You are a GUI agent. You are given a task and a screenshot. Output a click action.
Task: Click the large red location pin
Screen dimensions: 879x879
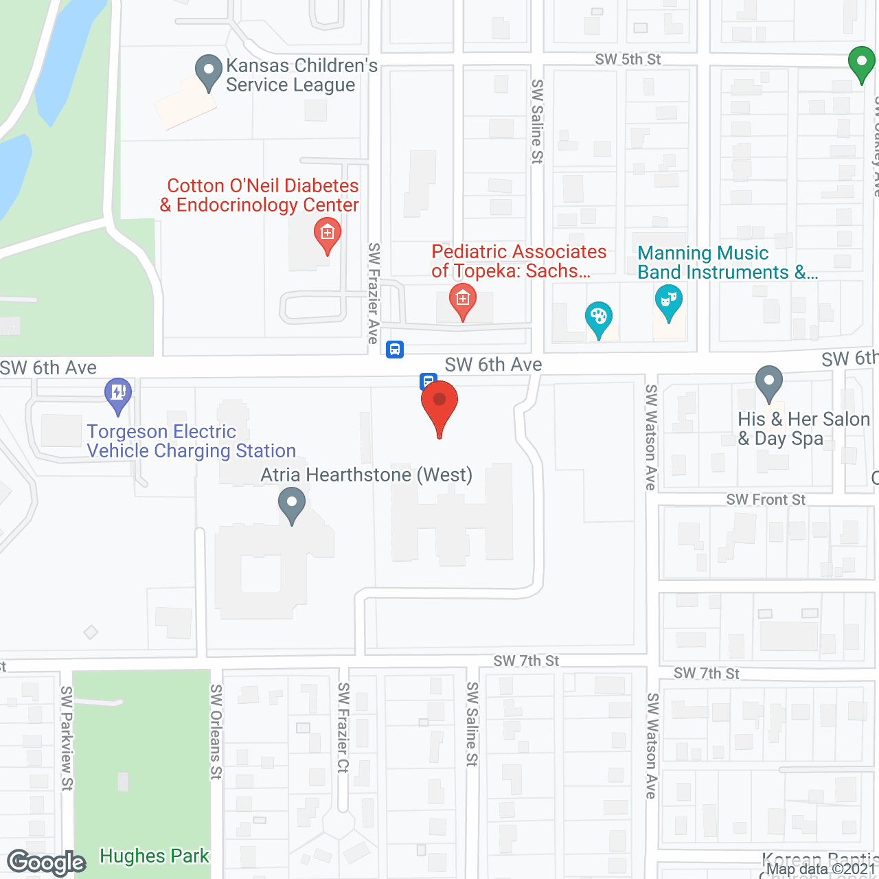point(439,405)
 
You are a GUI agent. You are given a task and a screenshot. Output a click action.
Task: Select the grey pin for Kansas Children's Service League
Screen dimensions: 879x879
point(209,71)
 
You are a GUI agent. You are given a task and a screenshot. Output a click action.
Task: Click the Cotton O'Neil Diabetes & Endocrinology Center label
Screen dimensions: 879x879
point(260,196)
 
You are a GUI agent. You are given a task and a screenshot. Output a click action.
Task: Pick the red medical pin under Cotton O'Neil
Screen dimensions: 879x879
point(328,235)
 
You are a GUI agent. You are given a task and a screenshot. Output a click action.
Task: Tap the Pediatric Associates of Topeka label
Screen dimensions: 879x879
point(518,262)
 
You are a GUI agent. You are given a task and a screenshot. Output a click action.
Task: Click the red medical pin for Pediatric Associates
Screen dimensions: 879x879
point(463,301)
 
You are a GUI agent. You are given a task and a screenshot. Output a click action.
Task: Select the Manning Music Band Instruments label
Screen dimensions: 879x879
point(727,263)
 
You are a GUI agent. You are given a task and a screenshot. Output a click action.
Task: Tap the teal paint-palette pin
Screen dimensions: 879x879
point(599,319)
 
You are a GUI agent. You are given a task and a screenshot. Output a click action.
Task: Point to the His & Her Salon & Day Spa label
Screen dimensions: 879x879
point(803,429)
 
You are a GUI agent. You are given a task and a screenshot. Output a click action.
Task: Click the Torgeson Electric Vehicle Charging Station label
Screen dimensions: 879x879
point(192,442)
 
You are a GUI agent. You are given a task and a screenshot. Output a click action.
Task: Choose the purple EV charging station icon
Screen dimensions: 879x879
point(118,395)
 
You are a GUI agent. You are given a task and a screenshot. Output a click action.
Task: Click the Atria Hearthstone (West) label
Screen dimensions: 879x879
point(367,475)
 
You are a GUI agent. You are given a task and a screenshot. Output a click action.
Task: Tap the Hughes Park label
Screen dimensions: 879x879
point(154,856)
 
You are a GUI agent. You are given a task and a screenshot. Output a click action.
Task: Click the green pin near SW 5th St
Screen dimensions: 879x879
point(861,63)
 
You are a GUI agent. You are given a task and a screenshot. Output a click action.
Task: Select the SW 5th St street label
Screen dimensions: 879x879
point(628,60)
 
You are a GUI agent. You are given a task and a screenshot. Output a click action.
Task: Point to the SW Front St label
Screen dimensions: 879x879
point(766,500)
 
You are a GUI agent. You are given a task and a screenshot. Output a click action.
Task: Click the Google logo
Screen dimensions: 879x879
point(47,863)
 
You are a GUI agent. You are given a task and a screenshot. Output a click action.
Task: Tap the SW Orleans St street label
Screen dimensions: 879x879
point(216,731)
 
